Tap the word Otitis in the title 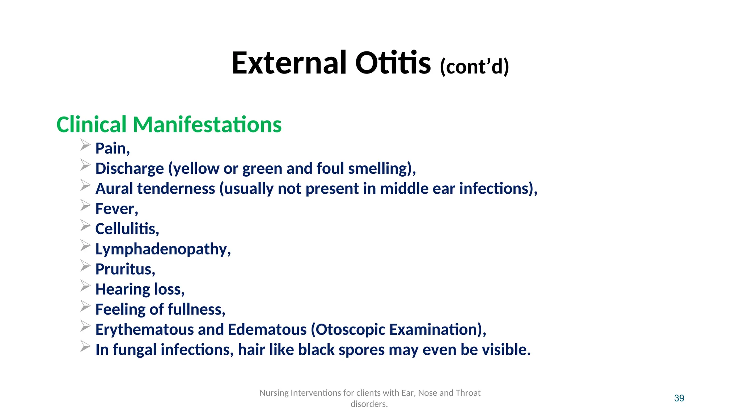pyautogui.click(x=393, y=63)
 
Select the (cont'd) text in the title pyautogui.click(x=474, y=67)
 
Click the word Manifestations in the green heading pyautogui.click(x=207, y=125)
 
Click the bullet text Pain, pyautogui.click(x=112, y=148)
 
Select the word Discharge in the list pyautogui.click(x=130, y=169)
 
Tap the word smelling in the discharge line pyautogui.click(x=379, y=169)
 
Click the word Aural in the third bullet pyautogui.click(x=114, y=189)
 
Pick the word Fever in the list pyautogui.click(x=115, y=209)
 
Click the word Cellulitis pyautogui.click(x=126, y=229)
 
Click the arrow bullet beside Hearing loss pyautogui.click(x=85, y=286)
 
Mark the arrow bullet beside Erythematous pyautogui.click(x=85, y=326)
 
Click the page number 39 pyautogui.click(x=679, y=398)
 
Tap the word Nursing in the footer pyautogui.click(x=274, y=393)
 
